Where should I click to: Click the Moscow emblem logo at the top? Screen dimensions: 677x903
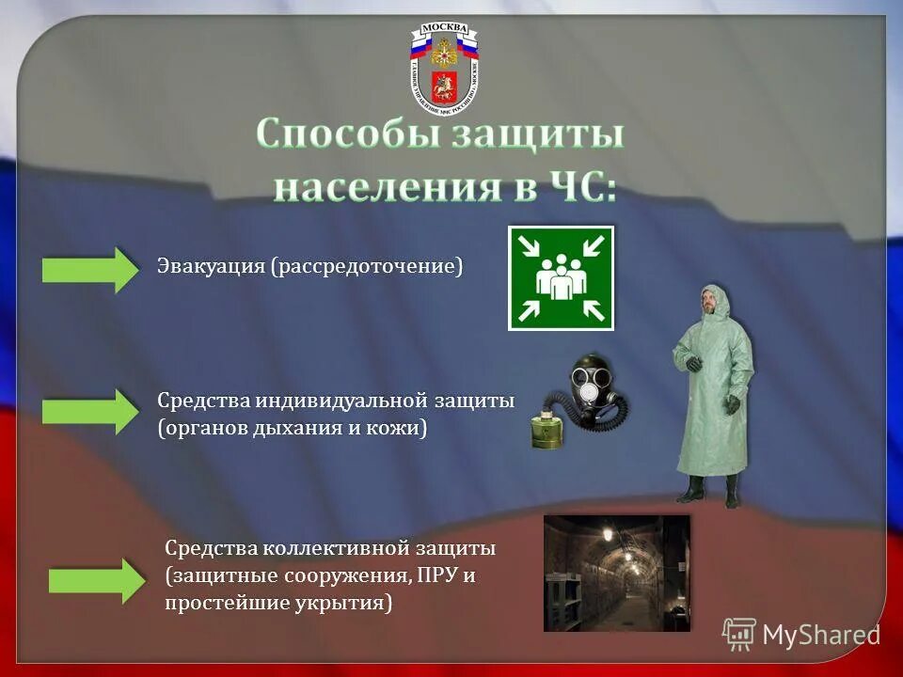coord(444,68)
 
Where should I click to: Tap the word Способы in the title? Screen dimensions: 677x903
coord(346,135)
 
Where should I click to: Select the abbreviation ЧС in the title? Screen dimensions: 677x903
coord(576,185)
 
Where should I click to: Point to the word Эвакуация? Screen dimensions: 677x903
coord(212,267)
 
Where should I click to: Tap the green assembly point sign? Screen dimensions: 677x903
coord(561,278)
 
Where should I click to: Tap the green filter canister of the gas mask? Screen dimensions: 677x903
coord(547,431)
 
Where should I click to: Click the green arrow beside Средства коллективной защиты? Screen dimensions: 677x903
coord(97,580)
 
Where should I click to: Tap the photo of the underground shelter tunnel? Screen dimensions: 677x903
coord(616,573)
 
